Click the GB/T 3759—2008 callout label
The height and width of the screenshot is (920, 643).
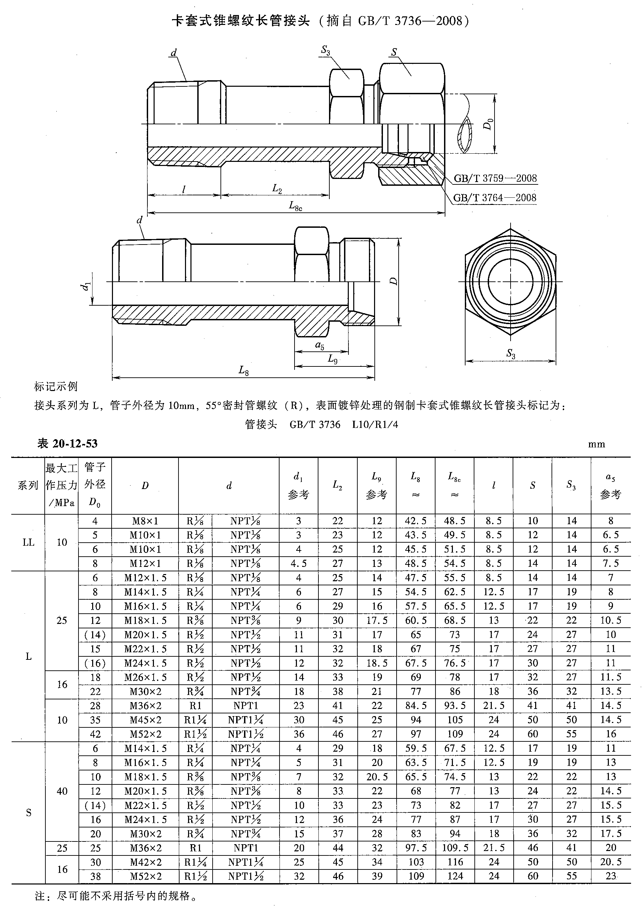(495, 178)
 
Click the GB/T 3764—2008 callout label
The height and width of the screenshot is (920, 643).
(495, 197)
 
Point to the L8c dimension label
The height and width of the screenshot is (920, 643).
(296, 206)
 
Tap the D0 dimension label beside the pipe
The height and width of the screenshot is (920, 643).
(488, 124)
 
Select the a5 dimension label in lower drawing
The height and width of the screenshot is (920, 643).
(319, 345)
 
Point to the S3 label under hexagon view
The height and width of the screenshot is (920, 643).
(511, 353)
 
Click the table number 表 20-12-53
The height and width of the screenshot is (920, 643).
(67, 444)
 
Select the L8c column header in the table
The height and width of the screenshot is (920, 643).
(454, 485)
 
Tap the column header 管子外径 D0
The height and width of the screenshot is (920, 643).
(95, 485)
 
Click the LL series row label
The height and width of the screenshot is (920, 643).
(28, 542)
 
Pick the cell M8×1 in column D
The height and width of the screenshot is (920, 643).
(145, 521)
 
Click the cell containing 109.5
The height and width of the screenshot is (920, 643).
(455, 848)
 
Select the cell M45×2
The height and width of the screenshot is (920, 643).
(145, 720)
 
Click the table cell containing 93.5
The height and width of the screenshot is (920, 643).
(455, 705)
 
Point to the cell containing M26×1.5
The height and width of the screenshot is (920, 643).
(145, 677)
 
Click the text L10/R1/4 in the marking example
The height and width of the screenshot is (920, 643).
(375, 424)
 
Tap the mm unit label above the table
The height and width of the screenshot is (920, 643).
(596, 444)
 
